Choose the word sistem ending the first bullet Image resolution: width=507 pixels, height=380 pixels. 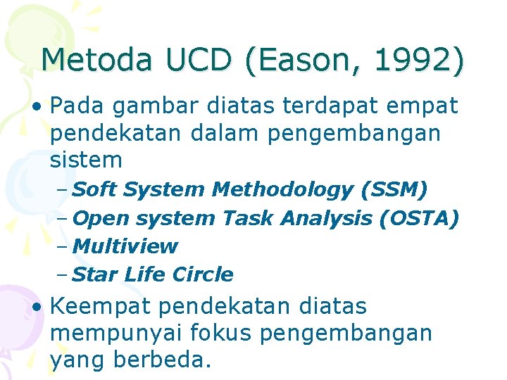[86, 160]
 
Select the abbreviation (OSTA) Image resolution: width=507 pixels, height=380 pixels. [419, 219]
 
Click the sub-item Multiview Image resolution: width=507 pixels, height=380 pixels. [125, 247]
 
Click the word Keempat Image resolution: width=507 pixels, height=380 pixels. [102, 308]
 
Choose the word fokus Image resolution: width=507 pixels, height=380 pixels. [237, 334]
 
